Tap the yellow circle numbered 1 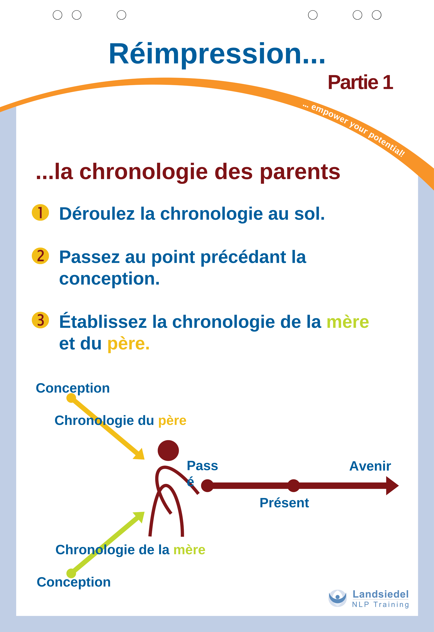40,212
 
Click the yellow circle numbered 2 40,256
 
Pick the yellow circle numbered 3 40,320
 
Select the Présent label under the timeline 284,503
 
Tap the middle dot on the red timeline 293,486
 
